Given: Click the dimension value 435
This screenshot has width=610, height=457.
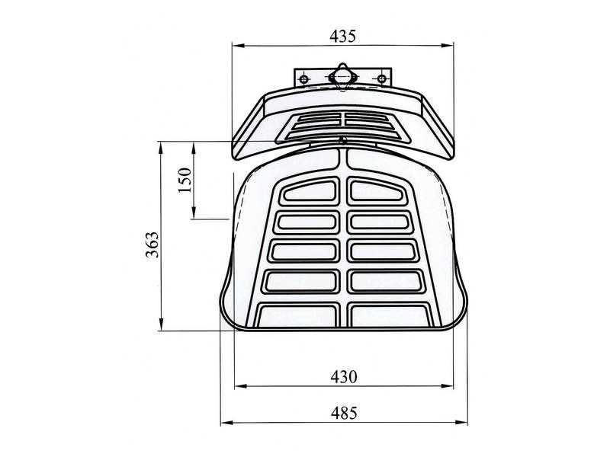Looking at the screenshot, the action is click(342, 36).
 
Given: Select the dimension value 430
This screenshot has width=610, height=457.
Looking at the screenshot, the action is click(344, 376).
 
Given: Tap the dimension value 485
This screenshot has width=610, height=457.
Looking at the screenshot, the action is click(344, 413).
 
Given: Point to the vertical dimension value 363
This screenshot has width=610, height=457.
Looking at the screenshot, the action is click(152, 244).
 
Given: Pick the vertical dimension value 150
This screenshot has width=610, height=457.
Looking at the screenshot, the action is click(185, 180).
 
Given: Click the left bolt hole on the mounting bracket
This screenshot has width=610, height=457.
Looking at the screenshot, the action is click(303, 79).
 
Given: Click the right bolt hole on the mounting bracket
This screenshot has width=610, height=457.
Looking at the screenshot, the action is click(382, 79).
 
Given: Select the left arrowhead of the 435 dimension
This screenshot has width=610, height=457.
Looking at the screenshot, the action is click(238, 46).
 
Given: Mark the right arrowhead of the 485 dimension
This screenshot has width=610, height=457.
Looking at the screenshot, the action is click(461, 423).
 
